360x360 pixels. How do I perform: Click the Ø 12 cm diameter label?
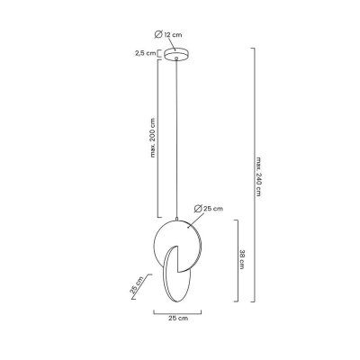point(168,34)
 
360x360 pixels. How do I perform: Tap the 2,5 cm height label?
point(146,53)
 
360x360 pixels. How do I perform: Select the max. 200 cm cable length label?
point(153,138)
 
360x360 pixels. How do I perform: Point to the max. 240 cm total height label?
point(258,176)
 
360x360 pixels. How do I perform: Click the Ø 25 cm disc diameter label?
point(209,208)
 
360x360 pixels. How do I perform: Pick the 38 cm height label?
point(242,259)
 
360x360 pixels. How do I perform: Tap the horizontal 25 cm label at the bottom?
point(178,318)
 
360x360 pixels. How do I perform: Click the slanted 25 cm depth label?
point(137,286)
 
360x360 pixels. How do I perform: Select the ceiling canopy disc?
point(176,54)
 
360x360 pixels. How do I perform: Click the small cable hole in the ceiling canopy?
point(176,58)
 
